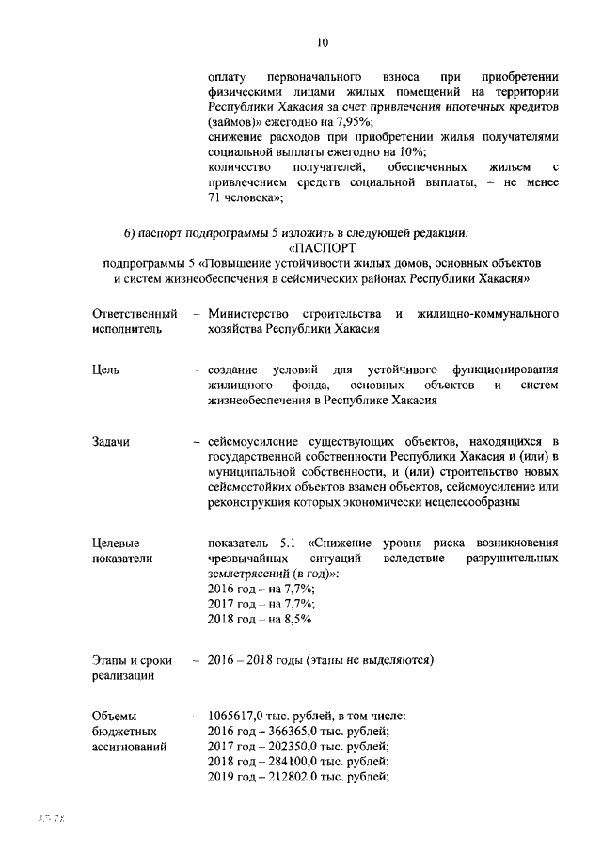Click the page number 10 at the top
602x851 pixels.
pos(323,42)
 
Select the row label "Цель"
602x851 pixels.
pos(107,370)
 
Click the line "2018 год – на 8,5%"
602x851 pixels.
pos(260,620)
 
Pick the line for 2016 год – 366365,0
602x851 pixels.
pos(298,732)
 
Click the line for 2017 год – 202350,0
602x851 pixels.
pos(298,748)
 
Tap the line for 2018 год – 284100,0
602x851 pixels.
pos(298,763)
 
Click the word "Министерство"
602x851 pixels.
pos(250,312)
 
